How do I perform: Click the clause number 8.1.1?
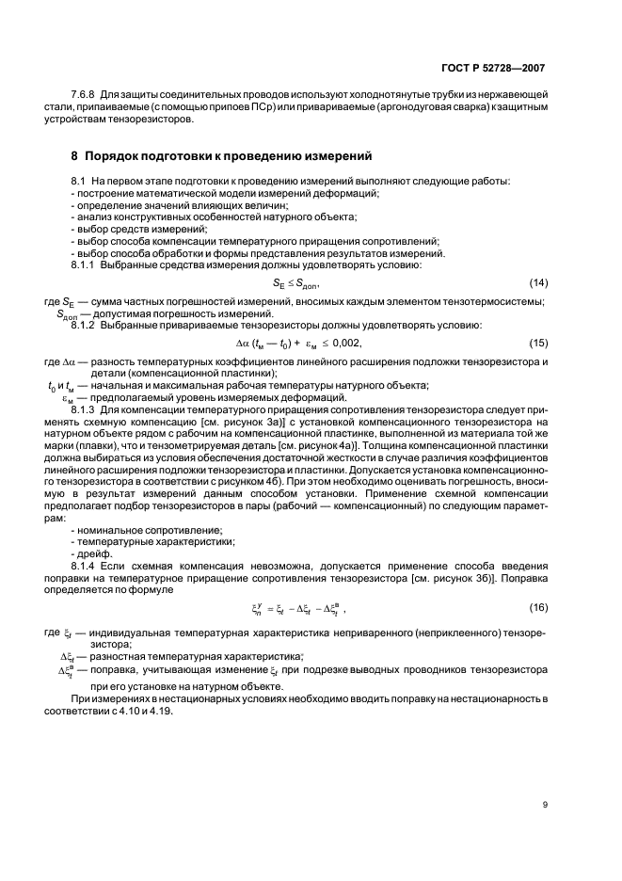(x=87, y=265)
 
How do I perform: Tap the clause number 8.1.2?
(x=87, y=325)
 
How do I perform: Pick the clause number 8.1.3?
(x=87, y=410)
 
